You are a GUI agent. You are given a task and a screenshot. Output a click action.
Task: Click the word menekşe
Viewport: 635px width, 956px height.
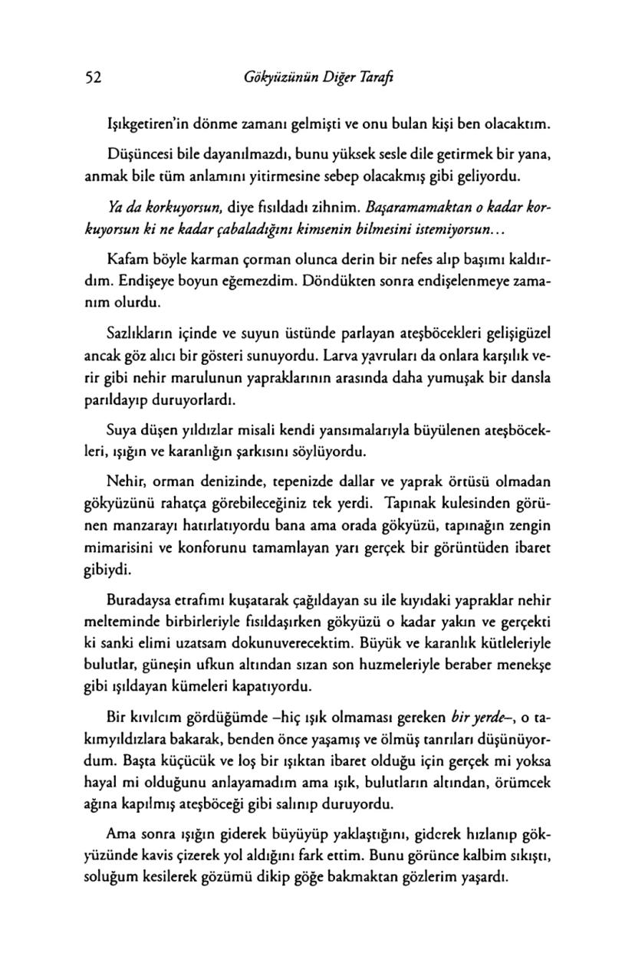[x=525, y=662]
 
